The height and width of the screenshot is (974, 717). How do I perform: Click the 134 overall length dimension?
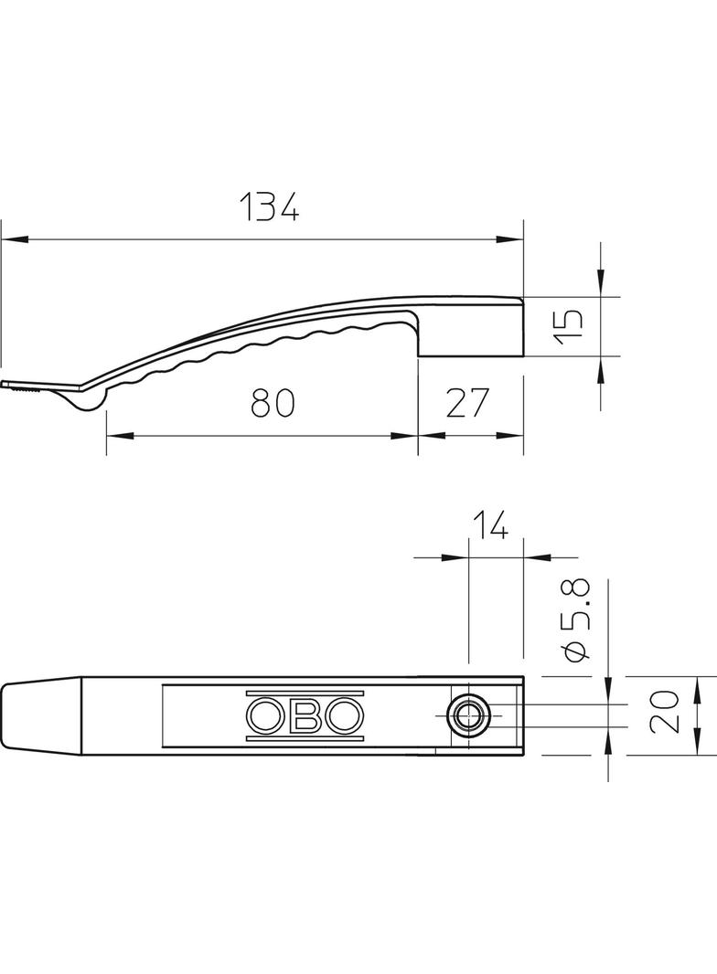(270, 207)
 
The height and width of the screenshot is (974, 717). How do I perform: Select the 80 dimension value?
(273, 402)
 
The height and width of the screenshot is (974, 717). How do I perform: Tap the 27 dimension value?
(469, 402)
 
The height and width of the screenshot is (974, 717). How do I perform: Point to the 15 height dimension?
(568, 326)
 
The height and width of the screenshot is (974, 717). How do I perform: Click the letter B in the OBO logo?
(305, 716)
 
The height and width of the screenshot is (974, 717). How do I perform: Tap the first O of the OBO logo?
(265, 716)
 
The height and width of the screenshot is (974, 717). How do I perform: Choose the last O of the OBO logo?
(345, 716)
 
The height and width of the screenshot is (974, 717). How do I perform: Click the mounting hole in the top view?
(468, 715)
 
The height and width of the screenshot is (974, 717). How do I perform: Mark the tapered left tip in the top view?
(41, 715)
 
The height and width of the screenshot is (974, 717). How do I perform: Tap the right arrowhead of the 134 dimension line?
(509, 239)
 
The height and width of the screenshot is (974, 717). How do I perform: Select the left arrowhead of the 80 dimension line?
(118, 436)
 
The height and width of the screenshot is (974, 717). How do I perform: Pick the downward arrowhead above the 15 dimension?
(600, 285)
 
